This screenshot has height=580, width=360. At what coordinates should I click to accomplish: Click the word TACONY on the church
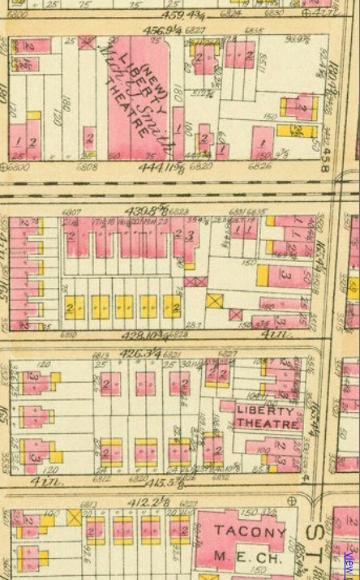tap(250, 535)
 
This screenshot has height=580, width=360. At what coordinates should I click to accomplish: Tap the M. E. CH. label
tap(249, 556)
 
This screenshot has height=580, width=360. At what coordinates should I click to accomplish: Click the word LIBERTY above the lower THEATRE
tap(259, 410)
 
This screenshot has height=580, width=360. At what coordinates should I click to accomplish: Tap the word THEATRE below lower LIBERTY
tap(259, 424)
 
